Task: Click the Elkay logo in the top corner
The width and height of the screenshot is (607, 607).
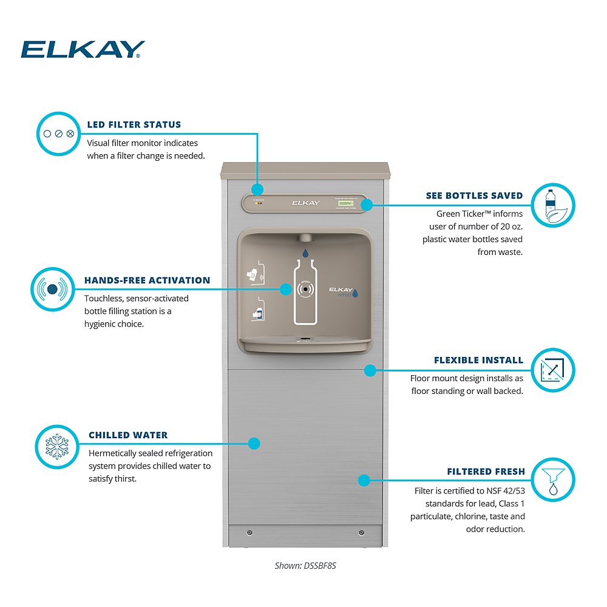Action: pyautogui.click(x=83, y=49)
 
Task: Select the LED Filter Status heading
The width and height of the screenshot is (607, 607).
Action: pyautogui.click(x=134, y=124)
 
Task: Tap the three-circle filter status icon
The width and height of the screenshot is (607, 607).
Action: pyautogui.click(x=58, y=134)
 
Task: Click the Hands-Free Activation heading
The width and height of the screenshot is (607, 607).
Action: pyautogui.click(x=147, y=280)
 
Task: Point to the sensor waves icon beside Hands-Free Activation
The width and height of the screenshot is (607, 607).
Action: pyautogui.click(x=53, y=290)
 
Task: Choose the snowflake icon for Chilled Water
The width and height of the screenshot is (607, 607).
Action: pyautogui.click(x=57, y=447)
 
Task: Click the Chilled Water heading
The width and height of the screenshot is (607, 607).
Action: pyautogui.click(x=128, y=435)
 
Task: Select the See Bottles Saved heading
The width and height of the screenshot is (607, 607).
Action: pyautogui.click(x=474, y=195)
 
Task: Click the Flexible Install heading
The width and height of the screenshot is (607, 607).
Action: pyautogui.click(x=478, y=360)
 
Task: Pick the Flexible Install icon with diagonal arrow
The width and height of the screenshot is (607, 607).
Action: pyautogui.click(x=552, y=370)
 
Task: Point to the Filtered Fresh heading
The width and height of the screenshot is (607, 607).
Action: pyautogui.click(x=486, y=472)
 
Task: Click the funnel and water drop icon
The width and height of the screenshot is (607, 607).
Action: pyautogui.click(x=552, y=480)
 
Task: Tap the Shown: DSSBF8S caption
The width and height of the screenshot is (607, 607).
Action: pyautogui.click(x=305, y=565)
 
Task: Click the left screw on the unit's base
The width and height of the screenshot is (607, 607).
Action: pyautogui.click(x=249, y=533)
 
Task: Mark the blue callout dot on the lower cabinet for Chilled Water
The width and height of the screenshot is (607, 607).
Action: pyautogui.click(x=254, y=444)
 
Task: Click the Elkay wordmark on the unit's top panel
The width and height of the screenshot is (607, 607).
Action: pyautogui.click(x=305, y=203)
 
